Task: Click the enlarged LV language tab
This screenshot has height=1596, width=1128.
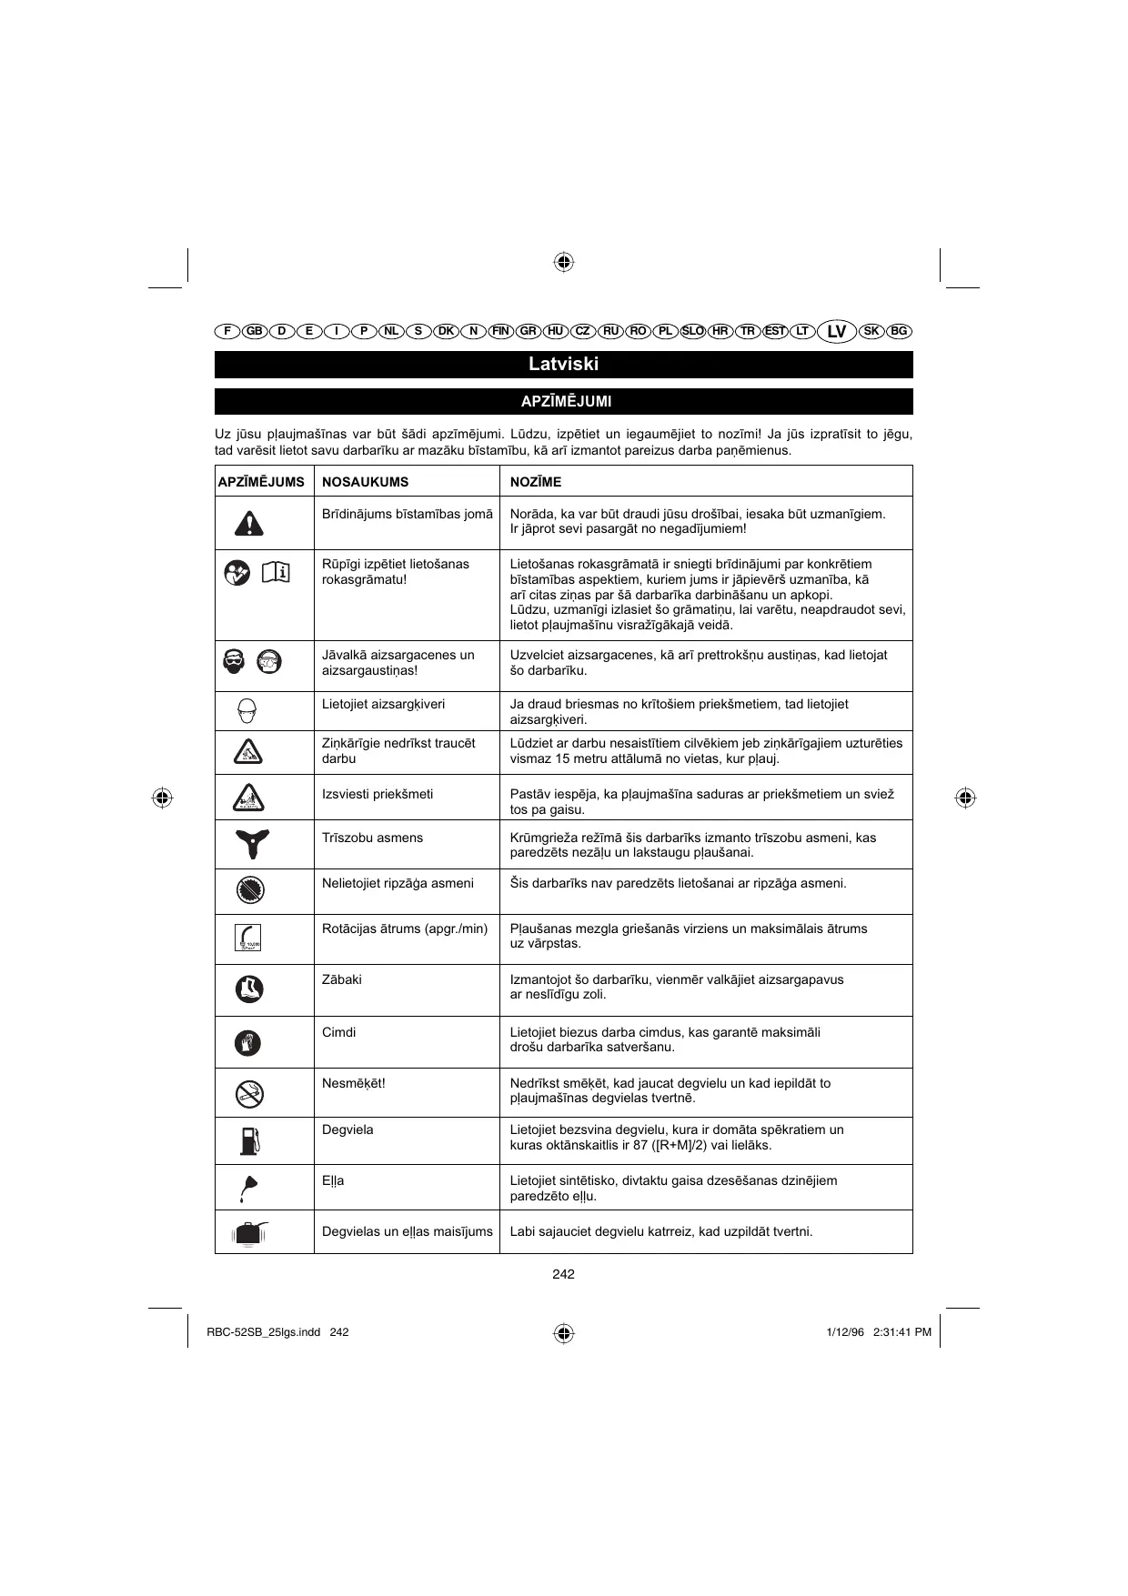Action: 837,331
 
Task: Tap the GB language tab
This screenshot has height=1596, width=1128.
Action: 255,331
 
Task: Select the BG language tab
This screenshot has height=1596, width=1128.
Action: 899,331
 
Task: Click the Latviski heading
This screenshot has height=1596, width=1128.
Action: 563,365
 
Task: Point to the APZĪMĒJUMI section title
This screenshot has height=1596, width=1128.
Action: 563,401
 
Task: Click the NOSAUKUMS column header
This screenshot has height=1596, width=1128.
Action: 365,482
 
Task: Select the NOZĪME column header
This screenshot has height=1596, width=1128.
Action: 536,482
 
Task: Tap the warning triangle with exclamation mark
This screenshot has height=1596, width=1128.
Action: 248,523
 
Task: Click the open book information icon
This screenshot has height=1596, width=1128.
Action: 276,572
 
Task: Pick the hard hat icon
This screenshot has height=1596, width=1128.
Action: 247,710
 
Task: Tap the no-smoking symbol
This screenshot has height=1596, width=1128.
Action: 249,1093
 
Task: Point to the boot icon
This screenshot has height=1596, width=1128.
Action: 248,989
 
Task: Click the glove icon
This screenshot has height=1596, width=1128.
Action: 247,1042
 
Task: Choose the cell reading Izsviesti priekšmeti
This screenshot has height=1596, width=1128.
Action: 378,794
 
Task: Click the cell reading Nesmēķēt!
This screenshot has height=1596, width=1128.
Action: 354,1083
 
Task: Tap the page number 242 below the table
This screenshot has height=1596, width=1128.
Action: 563,1274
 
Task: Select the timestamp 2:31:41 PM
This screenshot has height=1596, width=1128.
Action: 901,1332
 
